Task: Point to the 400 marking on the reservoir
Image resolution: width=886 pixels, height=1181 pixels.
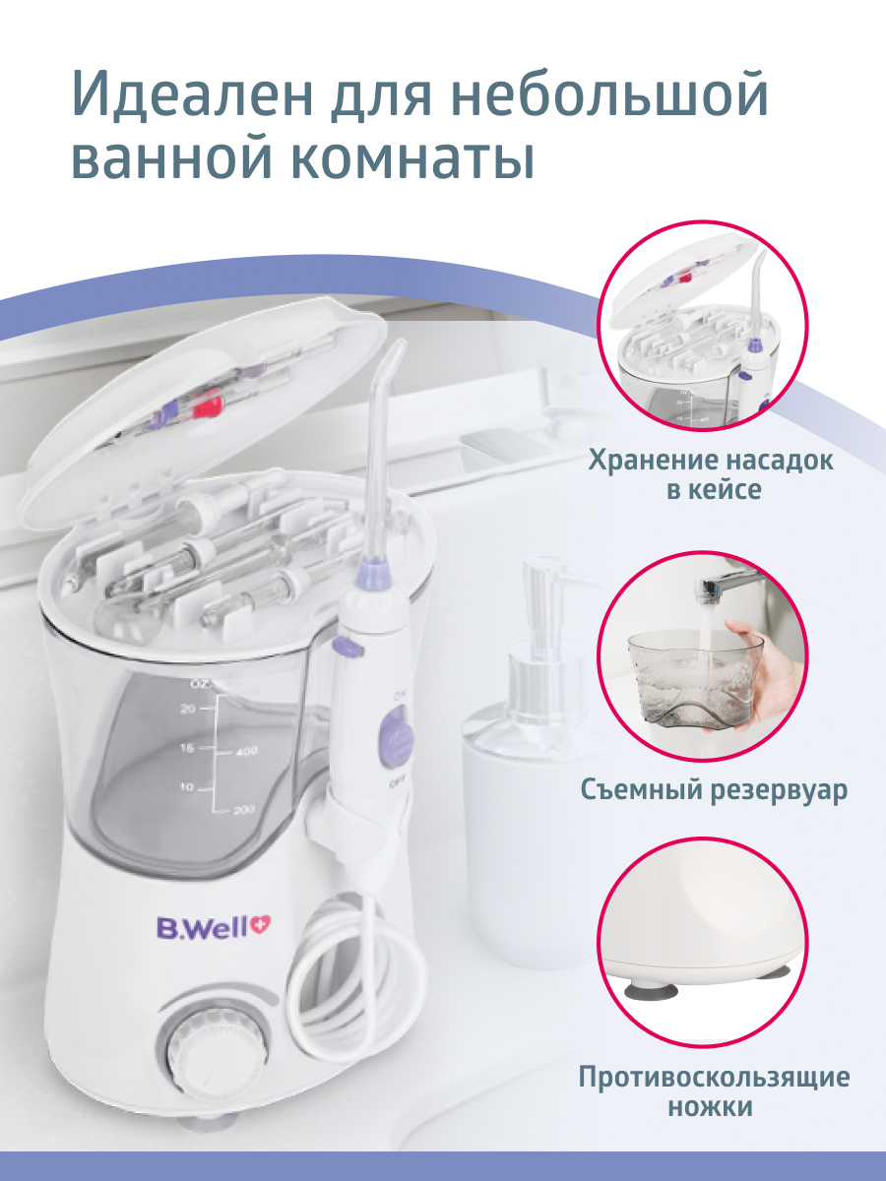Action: [246, 751]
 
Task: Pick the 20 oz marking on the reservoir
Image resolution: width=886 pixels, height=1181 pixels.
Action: [188, 710]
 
